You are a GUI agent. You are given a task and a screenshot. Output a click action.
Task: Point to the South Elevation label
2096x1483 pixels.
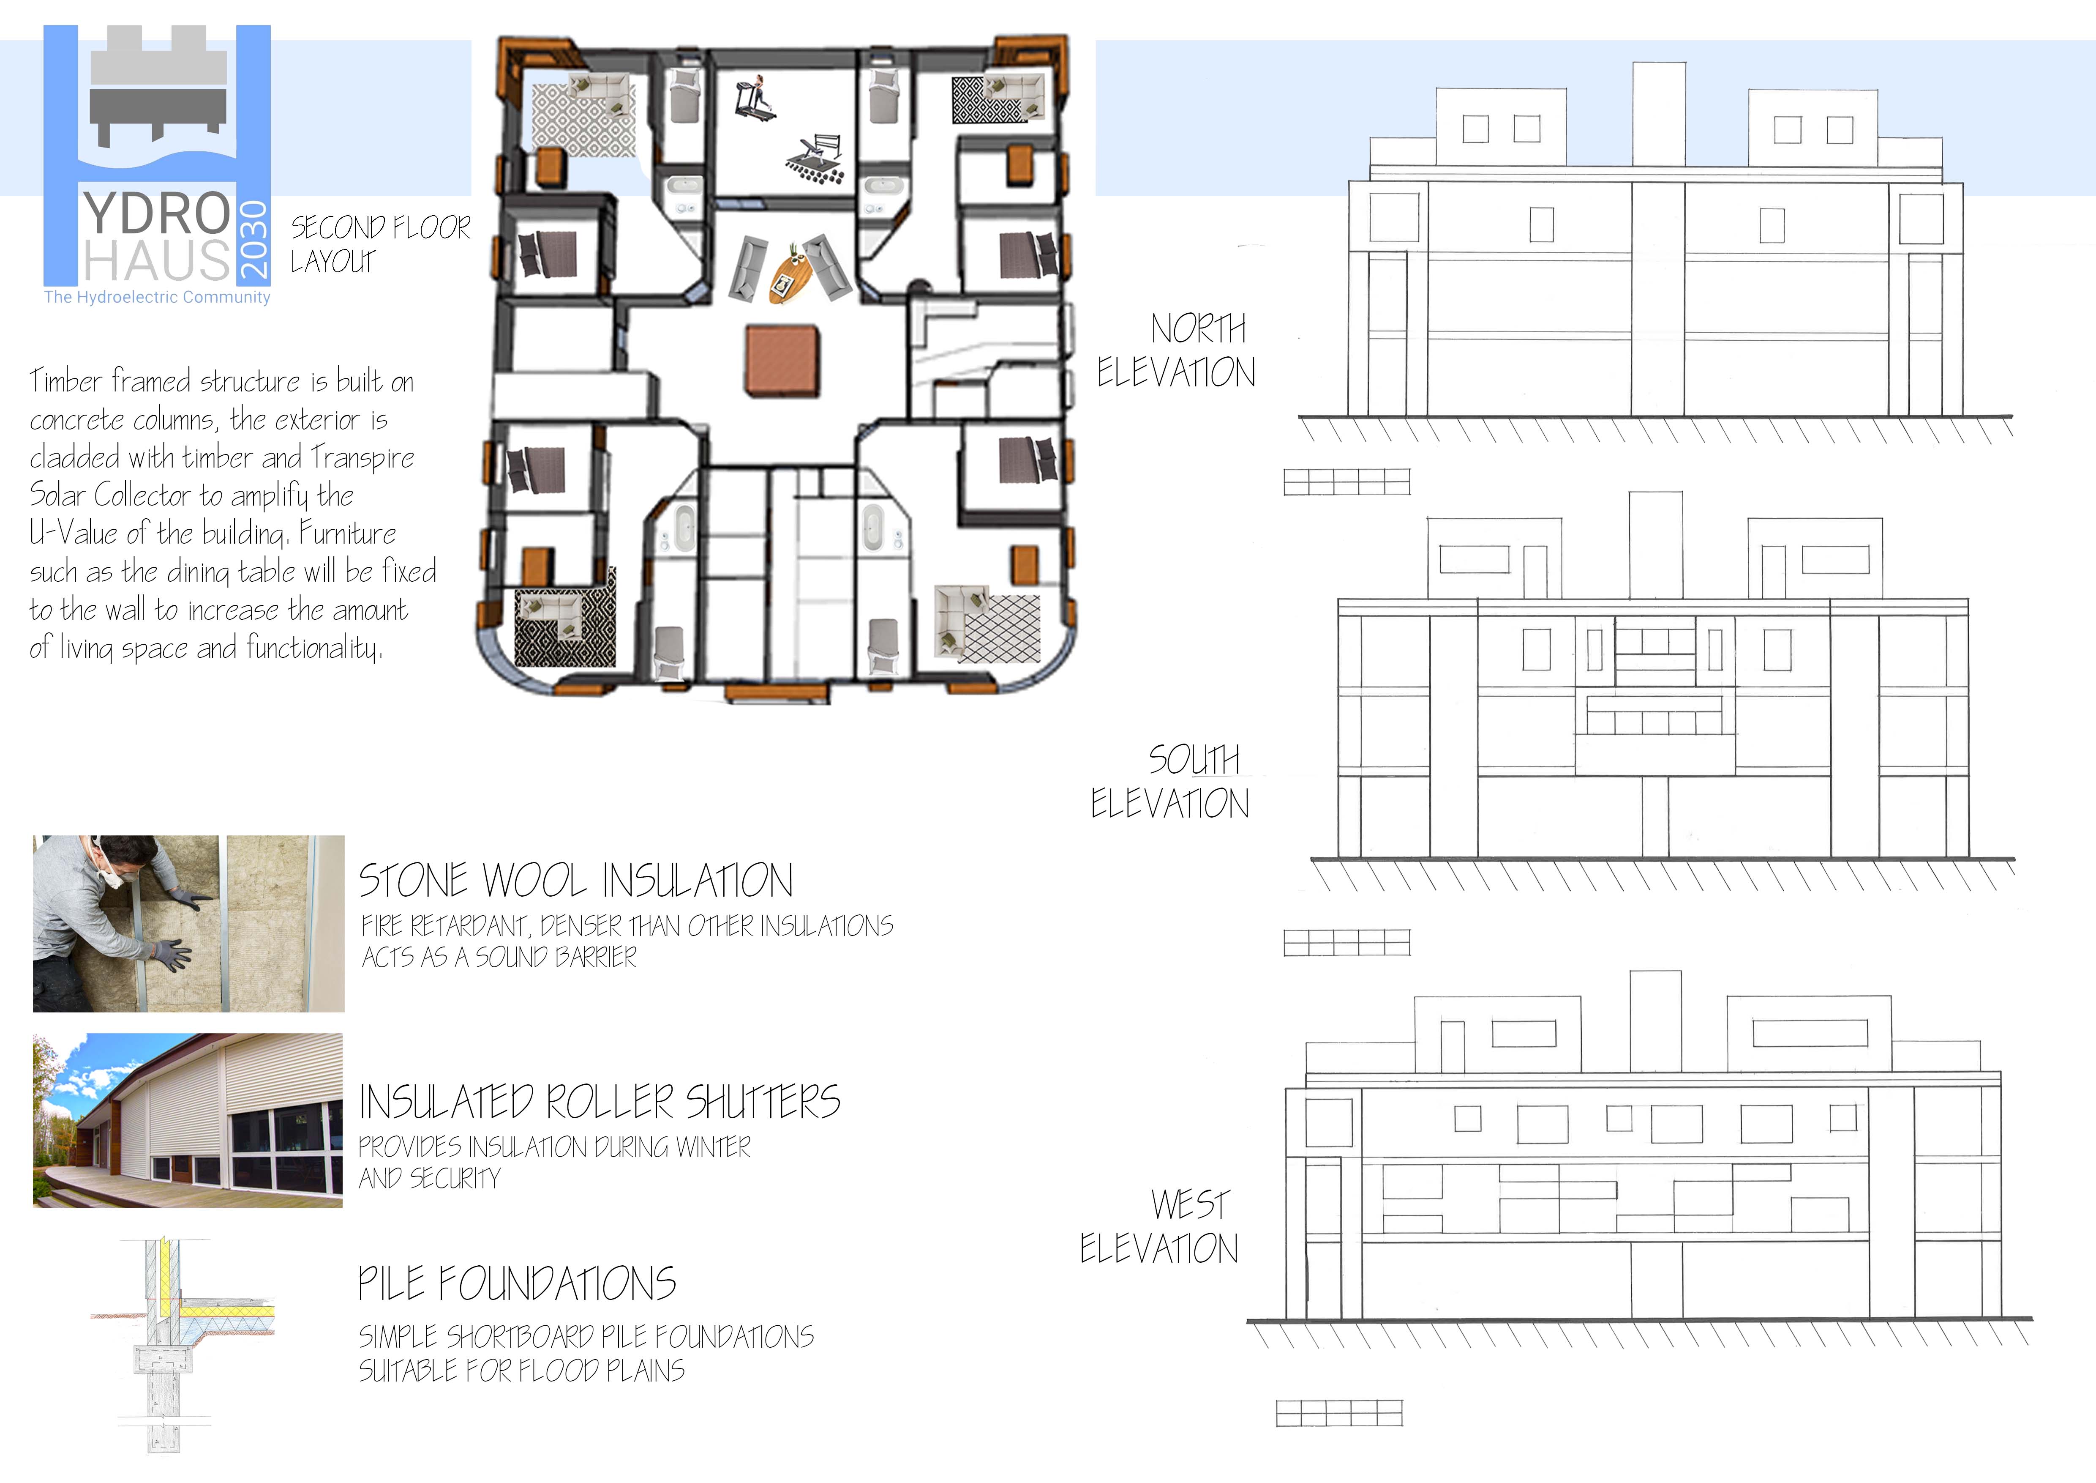point(1170,782)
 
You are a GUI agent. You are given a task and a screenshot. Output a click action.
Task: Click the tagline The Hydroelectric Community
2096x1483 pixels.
point(157,297)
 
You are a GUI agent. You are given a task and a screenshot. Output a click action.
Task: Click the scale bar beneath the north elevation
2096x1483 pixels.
point(1346,482)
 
